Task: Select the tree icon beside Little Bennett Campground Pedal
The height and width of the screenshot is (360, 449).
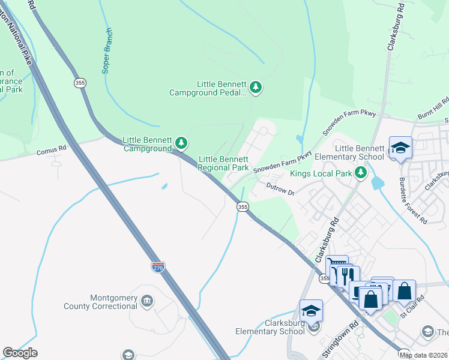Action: click(256, 88)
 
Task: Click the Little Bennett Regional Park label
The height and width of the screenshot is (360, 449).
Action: click(223, 163)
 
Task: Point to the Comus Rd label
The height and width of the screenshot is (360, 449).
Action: click(50, 153)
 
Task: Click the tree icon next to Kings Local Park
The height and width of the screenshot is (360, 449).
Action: click(361, 173)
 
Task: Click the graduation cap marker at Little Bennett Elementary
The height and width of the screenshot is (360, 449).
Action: click(400, 147)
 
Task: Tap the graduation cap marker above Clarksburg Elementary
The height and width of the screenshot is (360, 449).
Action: click(311, 310)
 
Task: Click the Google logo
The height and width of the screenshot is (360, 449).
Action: click(20, 353)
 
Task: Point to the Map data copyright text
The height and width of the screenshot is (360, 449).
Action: click(423, 355)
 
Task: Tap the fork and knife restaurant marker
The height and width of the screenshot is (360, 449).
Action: click(346, 276)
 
